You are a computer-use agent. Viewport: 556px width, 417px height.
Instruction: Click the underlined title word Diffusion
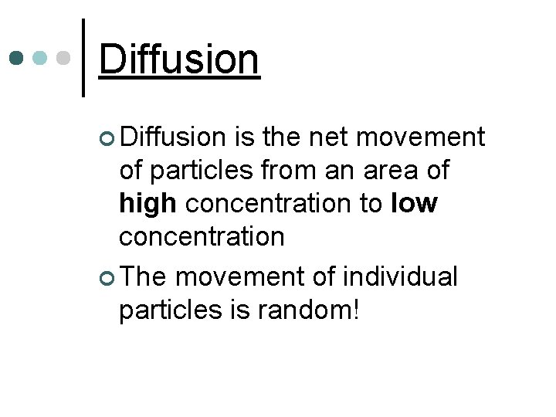179,59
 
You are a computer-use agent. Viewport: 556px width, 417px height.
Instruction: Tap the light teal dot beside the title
40,58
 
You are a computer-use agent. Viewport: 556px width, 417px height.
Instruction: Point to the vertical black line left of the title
83,58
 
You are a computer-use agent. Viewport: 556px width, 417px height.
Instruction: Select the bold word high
149,204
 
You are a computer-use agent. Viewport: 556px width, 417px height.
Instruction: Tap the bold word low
415,204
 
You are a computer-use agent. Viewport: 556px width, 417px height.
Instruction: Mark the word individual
403,276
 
